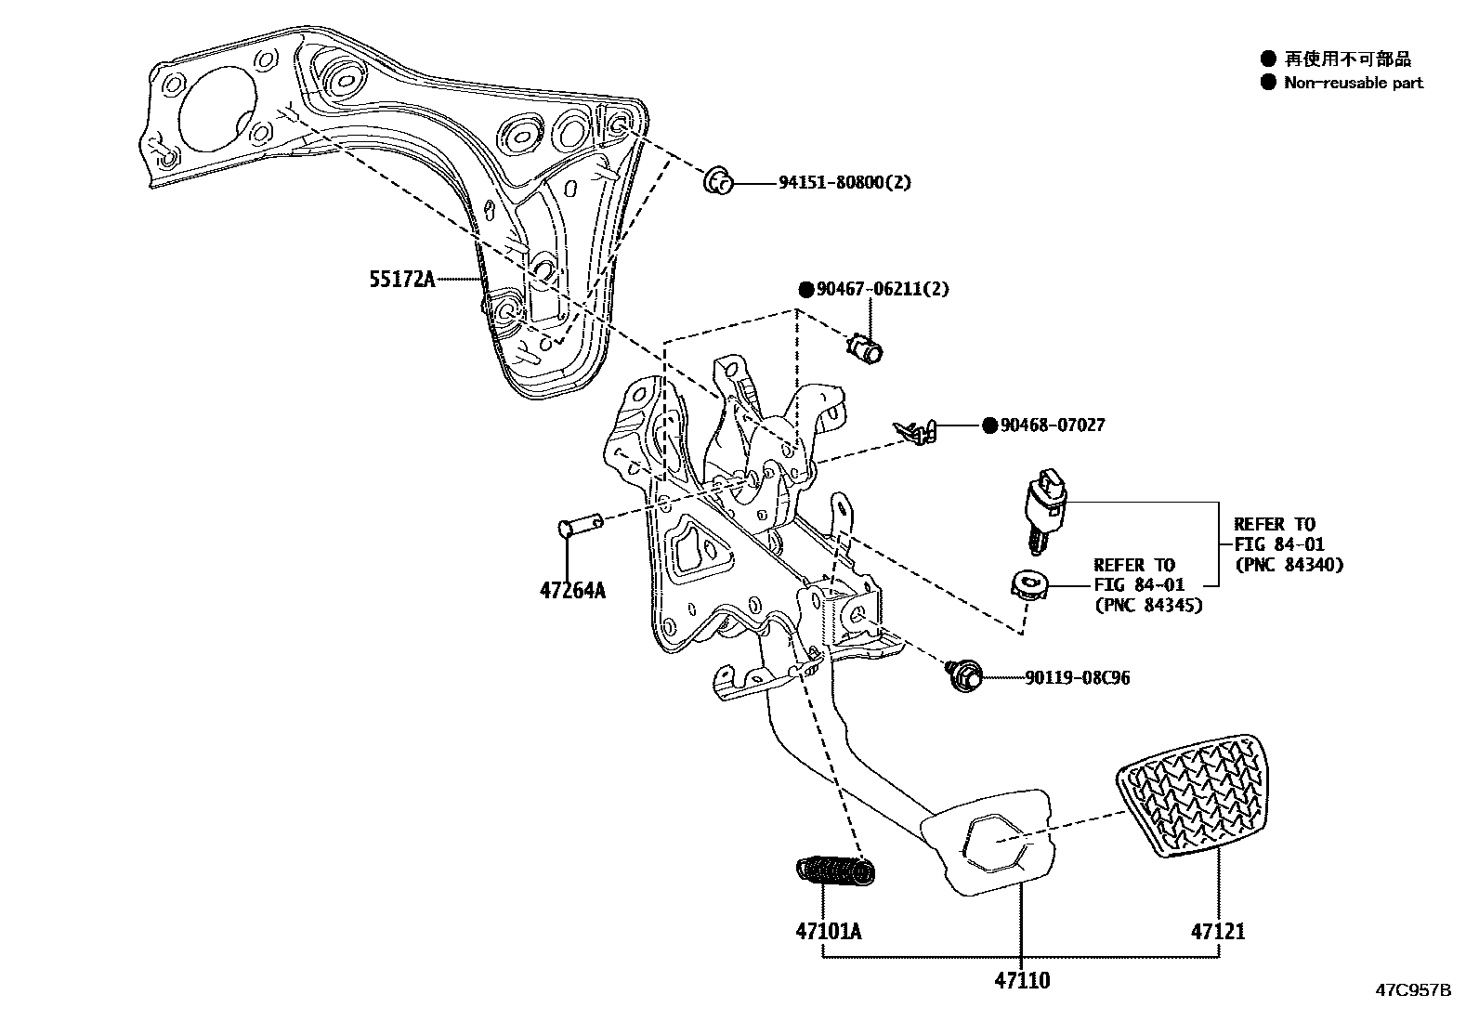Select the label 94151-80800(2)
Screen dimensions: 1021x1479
[844, 182]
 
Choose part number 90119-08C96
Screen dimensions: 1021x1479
[1078, 678]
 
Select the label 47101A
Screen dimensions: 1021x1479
[828, 930]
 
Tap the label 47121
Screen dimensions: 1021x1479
[1219, 930]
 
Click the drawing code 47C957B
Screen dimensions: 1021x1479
[1413, 990]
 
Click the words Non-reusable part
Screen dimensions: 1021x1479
[1354, 83]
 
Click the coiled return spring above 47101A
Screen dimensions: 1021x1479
[836, 870]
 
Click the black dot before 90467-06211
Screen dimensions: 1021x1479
[805, 289]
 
